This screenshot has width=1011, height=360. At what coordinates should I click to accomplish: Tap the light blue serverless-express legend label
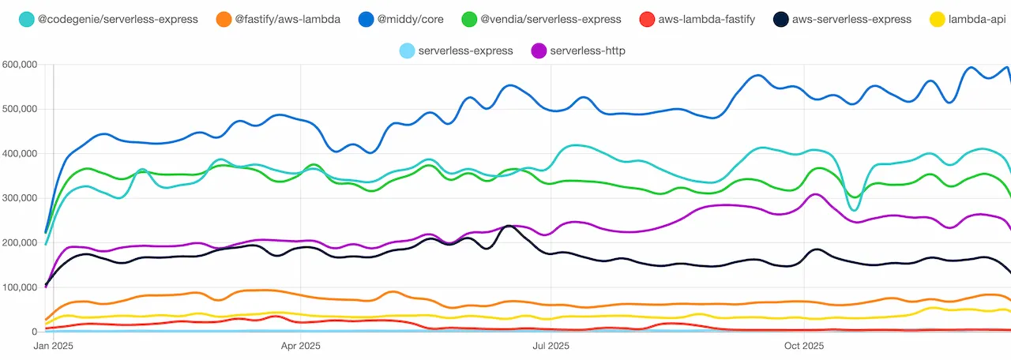click(465, 51)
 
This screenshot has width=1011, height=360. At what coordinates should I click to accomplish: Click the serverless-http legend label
click(588, 51)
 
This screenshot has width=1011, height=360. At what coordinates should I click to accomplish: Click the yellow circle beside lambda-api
click(935, 19)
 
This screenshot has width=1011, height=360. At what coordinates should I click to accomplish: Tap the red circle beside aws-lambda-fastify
click(648, 19)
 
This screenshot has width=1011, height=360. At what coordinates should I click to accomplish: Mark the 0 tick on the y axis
click(34, 332)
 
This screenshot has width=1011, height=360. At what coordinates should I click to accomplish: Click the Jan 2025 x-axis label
click(53, 346)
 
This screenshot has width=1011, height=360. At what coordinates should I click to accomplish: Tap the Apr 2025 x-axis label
click(300, 346)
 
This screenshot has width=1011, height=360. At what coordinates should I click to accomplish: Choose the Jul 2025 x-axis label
click(551, 346)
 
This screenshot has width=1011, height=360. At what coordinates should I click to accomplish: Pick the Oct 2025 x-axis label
click(803, 346)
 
